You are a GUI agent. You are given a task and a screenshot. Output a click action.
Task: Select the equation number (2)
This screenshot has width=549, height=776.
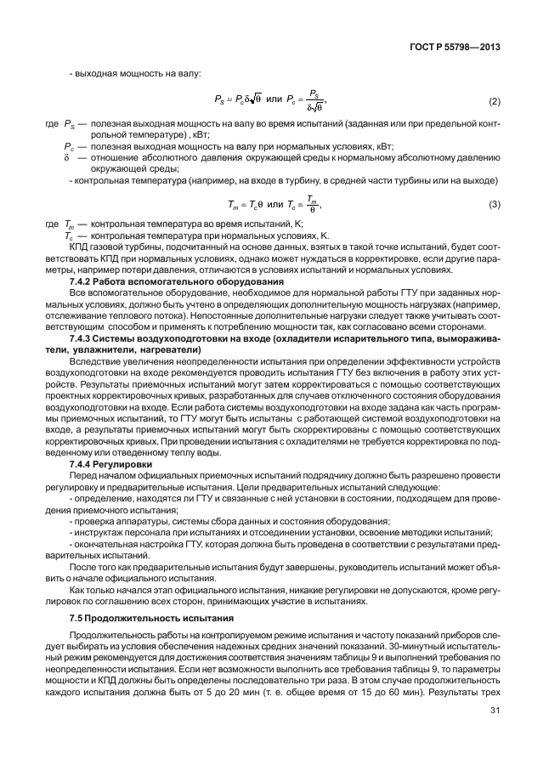(x=495, y=102)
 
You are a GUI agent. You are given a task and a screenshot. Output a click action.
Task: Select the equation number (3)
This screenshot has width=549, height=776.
(x=495, y=206)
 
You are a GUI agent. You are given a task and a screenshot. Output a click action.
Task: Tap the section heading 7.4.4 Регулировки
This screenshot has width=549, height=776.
(x=110, y=466)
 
